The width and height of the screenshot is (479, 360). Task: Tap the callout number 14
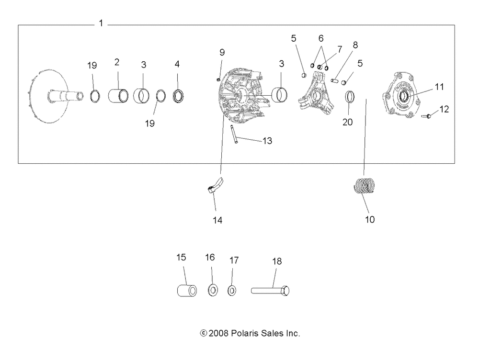pyautogui.click(x=217, y=220)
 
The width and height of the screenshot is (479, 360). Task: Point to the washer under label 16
pyautogui.click(x=211, y=290)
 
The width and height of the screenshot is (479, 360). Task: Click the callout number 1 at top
pyautogui.click(x=101, y=23)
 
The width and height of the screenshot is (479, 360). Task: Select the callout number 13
pyautogui.click(x=267, y=141)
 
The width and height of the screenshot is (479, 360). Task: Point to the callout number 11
pyautogui.click(x=439, y=87)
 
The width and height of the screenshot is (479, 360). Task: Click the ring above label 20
pyautogui.click(x=350, y=98)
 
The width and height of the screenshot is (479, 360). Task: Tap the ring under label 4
pyautogui.click(x=178, y=95)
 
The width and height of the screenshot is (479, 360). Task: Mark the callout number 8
pyautogui.click(x=355, y=45)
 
